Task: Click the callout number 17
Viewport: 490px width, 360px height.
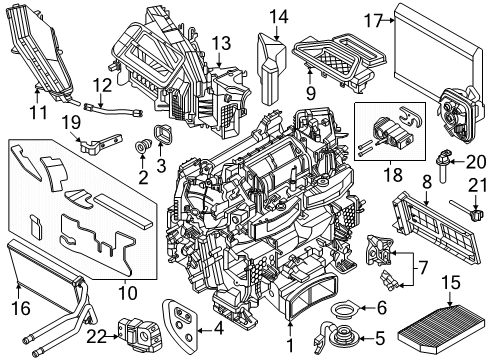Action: (373, 19)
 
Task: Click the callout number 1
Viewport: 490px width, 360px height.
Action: (291, 348)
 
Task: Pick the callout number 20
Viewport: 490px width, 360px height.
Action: (476, 158)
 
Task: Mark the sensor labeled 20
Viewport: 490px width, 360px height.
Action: (443, 156)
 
